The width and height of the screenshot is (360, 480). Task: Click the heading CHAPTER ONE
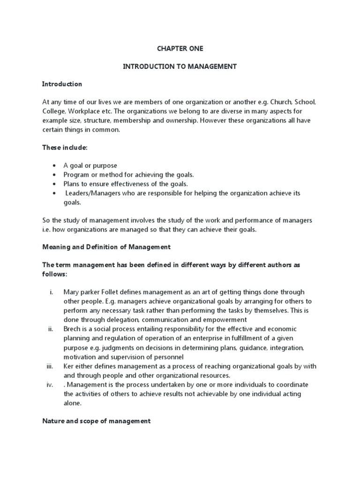tap(180, 49)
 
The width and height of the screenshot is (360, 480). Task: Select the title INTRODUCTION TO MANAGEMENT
tap(180, 67)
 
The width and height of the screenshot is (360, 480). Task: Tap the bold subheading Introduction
tap(62, 84)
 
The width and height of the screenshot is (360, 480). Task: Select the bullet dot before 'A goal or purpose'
tap(55, 165)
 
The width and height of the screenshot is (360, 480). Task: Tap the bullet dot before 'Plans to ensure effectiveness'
tap(55, 184)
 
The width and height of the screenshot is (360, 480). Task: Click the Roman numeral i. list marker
tap(51, 292)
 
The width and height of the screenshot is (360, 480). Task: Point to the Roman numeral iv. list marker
tap(50, 385)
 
